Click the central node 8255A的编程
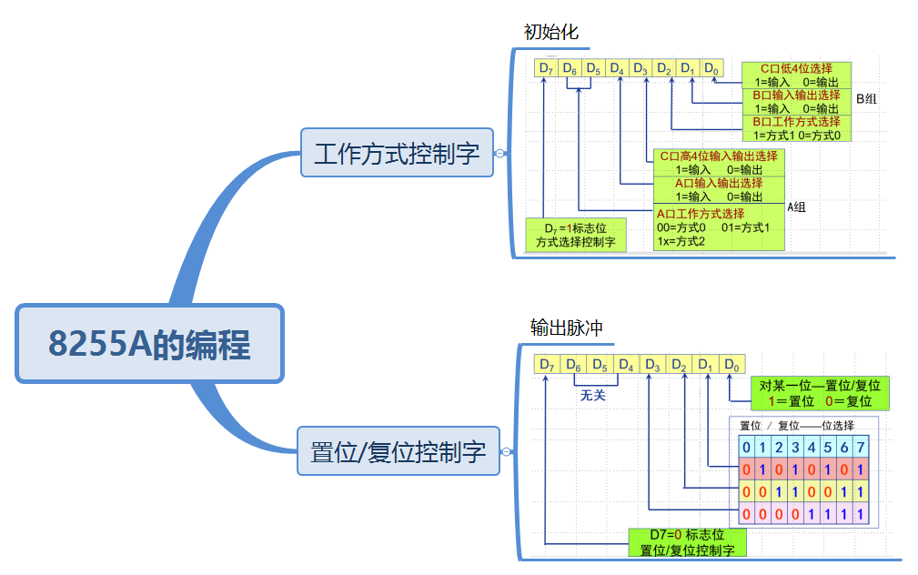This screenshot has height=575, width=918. click(x=150, y=344)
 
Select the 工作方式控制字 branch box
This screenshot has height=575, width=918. click(x=397, y=152)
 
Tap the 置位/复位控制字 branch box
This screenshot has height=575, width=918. click(x=398, y=450)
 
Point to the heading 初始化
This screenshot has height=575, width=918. click(x=550, y=33)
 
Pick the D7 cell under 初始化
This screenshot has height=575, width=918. click(x=546, y=68)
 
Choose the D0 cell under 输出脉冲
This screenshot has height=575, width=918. click(x=731, y=365)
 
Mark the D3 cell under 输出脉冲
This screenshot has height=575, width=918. click(x=652, y=365)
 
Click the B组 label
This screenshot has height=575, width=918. click(x=866, y=98)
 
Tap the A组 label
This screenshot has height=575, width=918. click(x=796, y=207)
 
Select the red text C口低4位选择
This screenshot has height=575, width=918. click(x=796, y=68)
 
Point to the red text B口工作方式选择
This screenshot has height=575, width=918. click(x=796, y=122)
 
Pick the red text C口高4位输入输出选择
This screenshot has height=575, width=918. click(x=719, y=156)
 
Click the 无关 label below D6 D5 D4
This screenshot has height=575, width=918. click(x=592, y=396)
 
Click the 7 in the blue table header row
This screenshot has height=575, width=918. click(x=863, y=447)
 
